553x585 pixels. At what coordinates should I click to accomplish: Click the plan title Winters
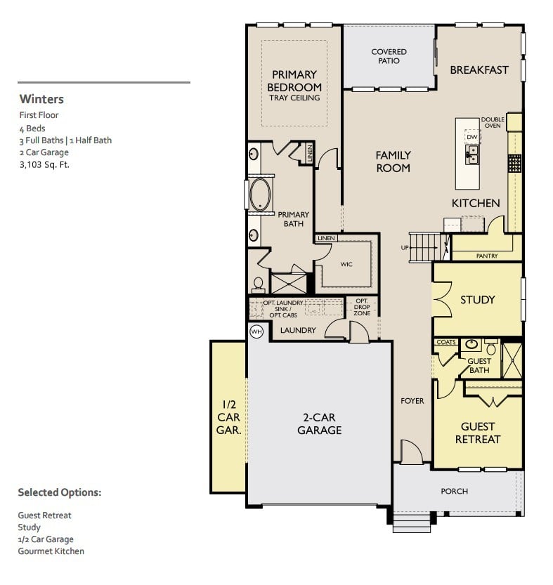[x=41, y=99]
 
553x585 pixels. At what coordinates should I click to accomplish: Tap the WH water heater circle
[x=256, y=331]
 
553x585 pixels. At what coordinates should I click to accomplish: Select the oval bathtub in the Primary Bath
[x=260, y=195]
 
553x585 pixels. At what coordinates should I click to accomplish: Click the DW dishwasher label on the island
[x=471, y=137]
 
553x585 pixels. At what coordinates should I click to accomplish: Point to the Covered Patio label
[x=389, y=56]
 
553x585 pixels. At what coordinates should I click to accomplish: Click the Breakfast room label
[x=479, y=70]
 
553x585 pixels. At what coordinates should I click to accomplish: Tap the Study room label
[x=478, y=300]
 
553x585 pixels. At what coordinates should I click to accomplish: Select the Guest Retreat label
[x=478, y=433]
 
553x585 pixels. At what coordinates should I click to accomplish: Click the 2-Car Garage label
[x=320, y=423]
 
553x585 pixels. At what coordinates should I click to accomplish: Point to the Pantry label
[x=487, y=256]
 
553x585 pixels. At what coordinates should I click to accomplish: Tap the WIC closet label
[x=346, y=265]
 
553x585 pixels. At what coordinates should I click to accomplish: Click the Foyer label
[x=412, y=401]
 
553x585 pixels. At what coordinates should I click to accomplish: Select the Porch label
[x=454, y=491]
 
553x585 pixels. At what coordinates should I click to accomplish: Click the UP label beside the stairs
[x=405, y=248]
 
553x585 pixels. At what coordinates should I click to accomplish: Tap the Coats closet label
[x=445, y=343]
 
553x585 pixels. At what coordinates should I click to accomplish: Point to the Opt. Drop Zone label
[x=362, y=307]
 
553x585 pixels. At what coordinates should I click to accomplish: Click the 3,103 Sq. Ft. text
[x=45, y=165]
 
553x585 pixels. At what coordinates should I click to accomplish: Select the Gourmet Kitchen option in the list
[x=51, y=551]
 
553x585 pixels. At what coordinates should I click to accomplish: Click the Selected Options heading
[x=60, y=492]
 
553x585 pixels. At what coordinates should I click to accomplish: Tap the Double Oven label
[x=493, y=123]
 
